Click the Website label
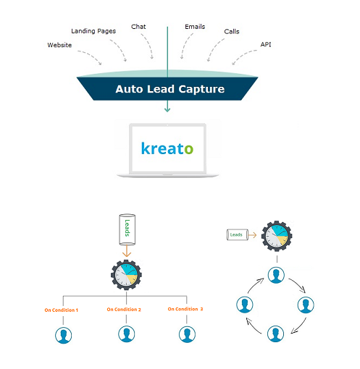tap(59, 45)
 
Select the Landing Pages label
tap(93, 31)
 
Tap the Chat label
tap(138, 27)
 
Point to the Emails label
tap(195, 27)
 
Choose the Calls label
tap(232, 32)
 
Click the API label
tap(266, 44)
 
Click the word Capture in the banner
tap(201, 89)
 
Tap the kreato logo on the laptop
tap(167, 148)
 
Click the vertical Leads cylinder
tap(127, 229)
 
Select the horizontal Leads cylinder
tap(238, 234)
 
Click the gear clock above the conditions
tap(126, 275)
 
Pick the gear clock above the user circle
tap(277, 236)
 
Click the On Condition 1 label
tap(62, 310)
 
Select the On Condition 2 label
tap(124, 310)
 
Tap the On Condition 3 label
tap(185, 309)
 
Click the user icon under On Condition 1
tap(64, 335)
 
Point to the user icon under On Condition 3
tap(187, 334)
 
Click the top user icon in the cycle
tap(276, 275)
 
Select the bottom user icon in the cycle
tap(275, 334)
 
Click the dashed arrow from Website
tap(91, 56)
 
